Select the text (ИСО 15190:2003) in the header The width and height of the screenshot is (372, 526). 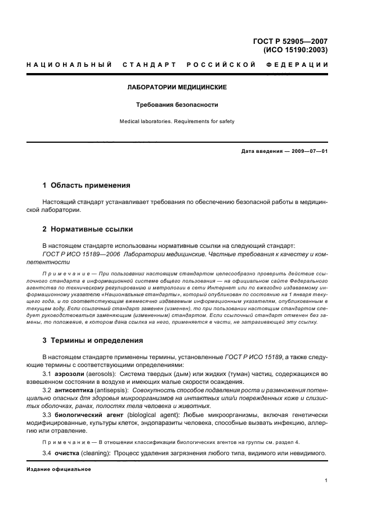click(x=295, y=49)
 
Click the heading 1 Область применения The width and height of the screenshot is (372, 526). click(x=87, y=185)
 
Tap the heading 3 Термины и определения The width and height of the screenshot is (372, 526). click(x=93, y=341)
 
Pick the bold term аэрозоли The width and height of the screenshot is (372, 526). click(x=69, y=374)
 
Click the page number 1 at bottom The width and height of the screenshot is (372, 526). click(x=326, y=480)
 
